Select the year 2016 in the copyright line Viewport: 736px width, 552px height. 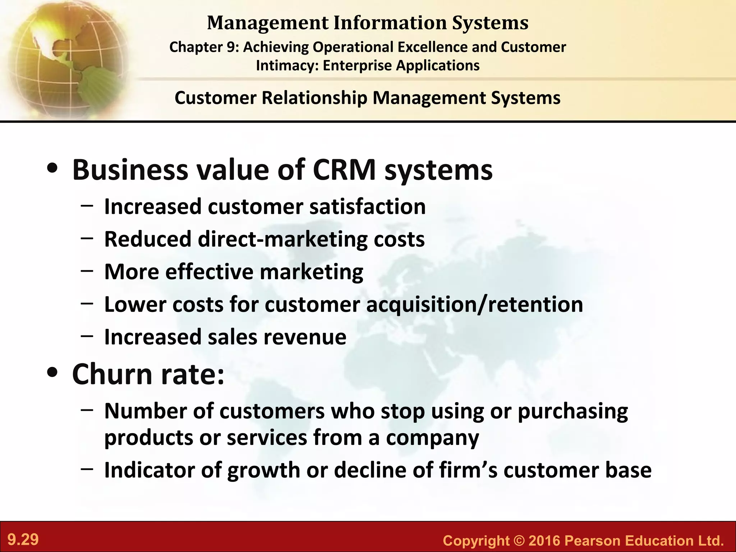[x=544, y=540]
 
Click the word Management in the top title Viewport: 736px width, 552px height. [x=268, y=23]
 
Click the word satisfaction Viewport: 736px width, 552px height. [x=367, y=207]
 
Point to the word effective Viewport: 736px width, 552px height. [x=209, y=272]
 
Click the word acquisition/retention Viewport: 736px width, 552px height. [x=474, y=305]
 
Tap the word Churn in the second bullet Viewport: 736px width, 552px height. [x=113, y=374]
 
